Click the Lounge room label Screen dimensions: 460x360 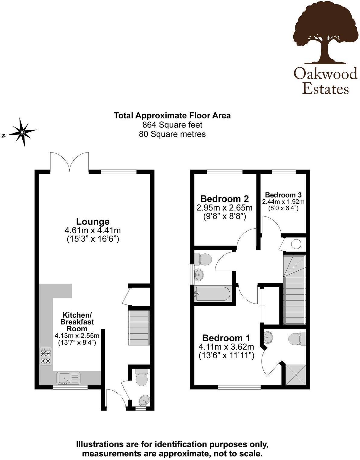pyautogui.click(x=93, y=222)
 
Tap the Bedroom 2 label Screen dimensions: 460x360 pyautogui.click(x=225, y=199)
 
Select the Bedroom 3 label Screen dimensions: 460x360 pyautogui.click(x=283, y=195)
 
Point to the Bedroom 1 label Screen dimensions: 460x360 pyautogui.click(x=226, y=338)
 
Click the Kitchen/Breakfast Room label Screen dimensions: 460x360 pyautogui.click(x=77, y=321)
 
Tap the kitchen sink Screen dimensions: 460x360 pyautogui.click(x=69, y=378)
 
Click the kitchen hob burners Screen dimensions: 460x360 pyautogui.click(x=46, y=357)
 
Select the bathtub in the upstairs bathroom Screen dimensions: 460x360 pyautogui.click(x=212, y=294)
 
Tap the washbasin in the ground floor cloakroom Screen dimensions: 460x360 pyautogui.click(x=144, y=401)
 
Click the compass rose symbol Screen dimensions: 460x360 pyautogui.click(x=22, y=132)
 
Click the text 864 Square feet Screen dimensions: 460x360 pyautogui.click(x=172, y=124)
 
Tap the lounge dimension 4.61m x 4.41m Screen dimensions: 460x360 pyautogui.click(x=93, y=230)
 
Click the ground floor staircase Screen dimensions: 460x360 pyautogui.click(x=139, y=328)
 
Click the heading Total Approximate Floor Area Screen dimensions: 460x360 pyautogui.click(x=172, y=115)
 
